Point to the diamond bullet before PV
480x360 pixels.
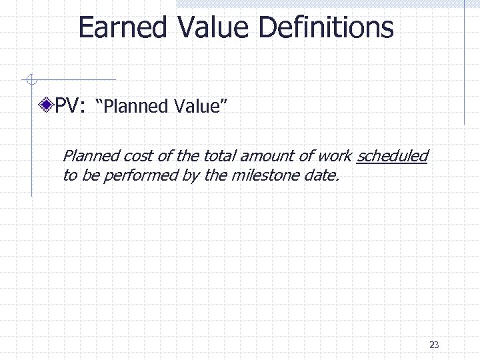pyautogui.click(x=47, y=105)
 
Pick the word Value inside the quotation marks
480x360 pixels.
pyautogui.click(x=202, y=105)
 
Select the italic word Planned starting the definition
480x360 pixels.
pyautogui.click(x=86, y=157)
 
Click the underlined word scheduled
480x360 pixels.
pyautogui.click(x=393, y=157)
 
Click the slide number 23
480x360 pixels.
pyautogui.click(x=434, y=345)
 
